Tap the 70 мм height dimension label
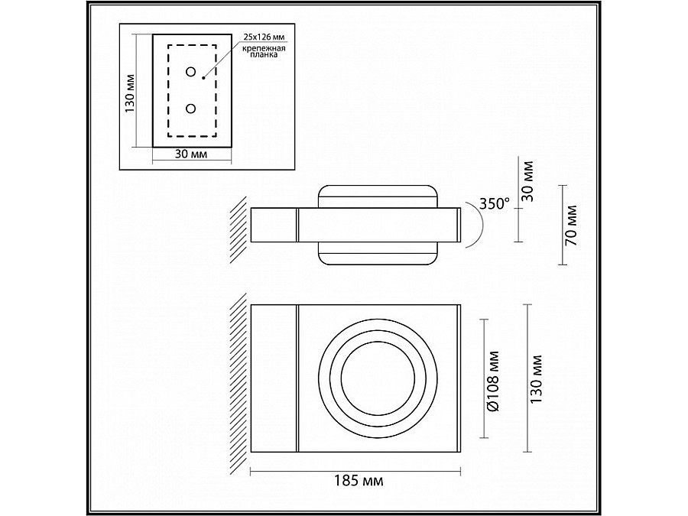571,226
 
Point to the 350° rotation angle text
494,203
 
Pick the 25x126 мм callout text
264,37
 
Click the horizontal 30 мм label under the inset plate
191,154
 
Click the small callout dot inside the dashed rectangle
203,76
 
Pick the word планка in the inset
264,56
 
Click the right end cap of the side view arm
458,226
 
